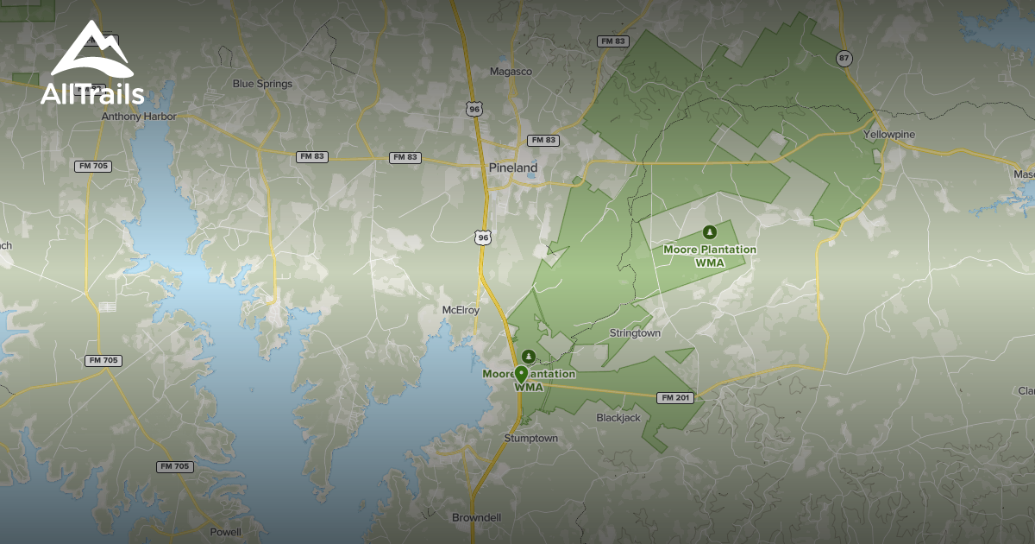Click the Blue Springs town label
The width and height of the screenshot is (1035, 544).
262,84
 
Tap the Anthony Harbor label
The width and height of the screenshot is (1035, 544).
139,117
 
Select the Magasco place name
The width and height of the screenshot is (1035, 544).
511,72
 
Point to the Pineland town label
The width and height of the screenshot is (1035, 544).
512,168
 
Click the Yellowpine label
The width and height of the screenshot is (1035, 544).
889,135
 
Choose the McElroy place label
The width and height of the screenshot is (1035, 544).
460,310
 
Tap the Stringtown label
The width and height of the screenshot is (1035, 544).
635,333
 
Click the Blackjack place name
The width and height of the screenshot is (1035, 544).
618,418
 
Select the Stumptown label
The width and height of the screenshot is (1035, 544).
530,439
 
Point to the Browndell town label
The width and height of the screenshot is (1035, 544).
477,518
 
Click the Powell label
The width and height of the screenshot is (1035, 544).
225,532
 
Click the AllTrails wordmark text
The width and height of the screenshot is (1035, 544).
92,94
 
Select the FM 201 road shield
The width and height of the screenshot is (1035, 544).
674,398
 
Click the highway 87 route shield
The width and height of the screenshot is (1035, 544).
844,58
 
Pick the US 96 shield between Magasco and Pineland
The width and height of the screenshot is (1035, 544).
473,108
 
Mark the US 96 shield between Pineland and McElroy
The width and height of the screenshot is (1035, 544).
484,237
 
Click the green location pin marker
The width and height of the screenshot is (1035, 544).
521,375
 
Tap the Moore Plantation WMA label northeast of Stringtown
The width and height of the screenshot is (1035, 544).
709,256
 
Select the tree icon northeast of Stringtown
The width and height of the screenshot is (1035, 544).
709,232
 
